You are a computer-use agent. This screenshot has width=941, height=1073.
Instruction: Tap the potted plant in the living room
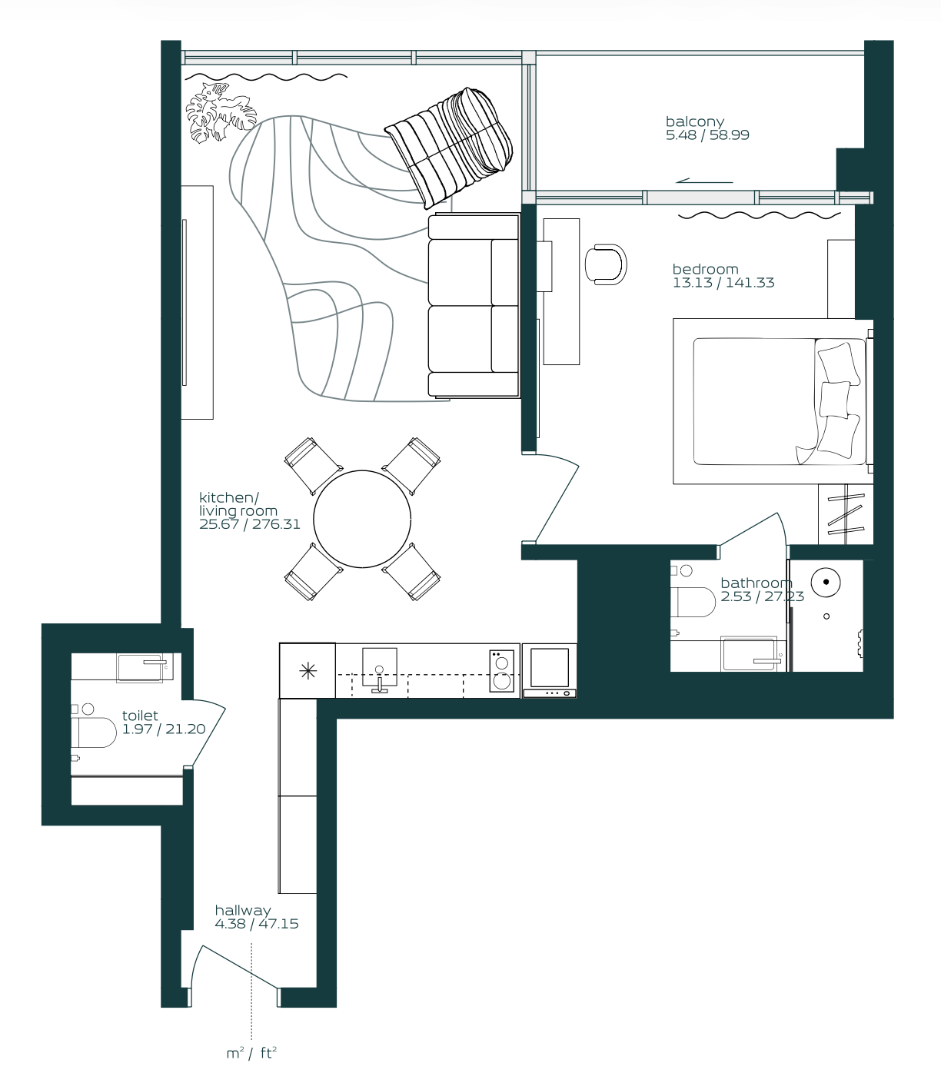[x=220, y=112]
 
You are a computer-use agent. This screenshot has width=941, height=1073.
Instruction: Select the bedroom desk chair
[x=606, y=264]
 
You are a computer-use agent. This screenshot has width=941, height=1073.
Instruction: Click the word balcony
[x=695, y=121]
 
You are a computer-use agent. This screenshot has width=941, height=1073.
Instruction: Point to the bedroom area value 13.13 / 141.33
[x=723, y=283]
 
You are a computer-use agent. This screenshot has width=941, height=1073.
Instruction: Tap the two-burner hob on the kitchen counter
[x=501, y=671]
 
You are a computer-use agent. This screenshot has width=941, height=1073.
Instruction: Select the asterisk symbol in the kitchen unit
[x=308, y=672]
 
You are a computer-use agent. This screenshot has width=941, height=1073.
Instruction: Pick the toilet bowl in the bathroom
[x=693, y=602]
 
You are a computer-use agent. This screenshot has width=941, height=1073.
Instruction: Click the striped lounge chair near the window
[x=449, y=148]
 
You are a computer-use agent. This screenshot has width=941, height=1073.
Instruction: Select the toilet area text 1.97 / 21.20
[x=164, y=729]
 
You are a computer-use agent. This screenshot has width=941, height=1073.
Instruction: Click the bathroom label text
[x=756, y=583]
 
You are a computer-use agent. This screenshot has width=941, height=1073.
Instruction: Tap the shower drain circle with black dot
[x=826, y=582]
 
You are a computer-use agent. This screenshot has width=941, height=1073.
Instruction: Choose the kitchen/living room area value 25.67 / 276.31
[x=250, y=524]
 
